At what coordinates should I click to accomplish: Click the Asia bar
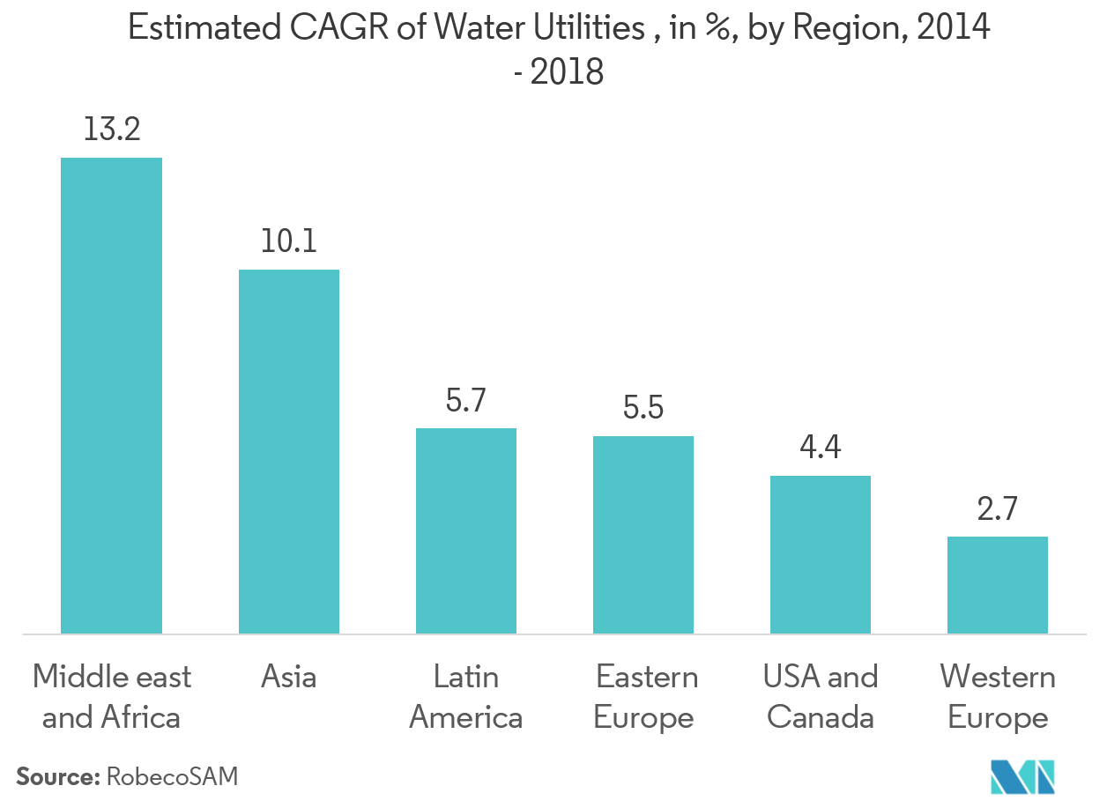click(289, 451)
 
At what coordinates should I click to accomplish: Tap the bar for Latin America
click(466, 530)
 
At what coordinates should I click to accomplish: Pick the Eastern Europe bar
click(643, 534)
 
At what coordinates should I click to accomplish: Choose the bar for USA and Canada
click(821, 554)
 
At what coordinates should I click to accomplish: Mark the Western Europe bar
click(998, 584)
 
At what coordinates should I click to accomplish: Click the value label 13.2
click(111, 130)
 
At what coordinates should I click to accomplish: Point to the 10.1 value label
click(289, 241)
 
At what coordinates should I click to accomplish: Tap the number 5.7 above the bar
click(466, 401)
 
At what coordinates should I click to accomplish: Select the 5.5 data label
click(643, 409)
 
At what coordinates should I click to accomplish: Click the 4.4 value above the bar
click(821, 448)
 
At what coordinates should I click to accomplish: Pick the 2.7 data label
click(998, 509)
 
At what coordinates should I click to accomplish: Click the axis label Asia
click(289, 677)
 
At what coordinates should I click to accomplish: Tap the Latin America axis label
click(466, 697)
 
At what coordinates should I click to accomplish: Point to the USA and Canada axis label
click(821, 697)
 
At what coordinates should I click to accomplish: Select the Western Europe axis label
click(998, 697)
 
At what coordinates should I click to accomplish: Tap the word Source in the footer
click(55, 776)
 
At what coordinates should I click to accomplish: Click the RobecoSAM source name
click(172, 776)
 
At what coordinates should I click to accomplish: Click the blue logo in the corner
click(1023, 775)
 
